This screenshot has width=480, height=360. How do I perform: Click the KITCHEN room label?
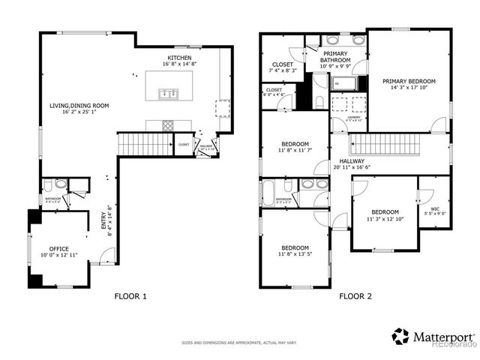(178, 58)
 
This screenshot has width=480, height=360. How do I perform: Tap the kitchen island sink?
(168, 94)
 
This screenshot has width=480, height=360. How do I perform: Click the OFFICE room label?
(58, 248)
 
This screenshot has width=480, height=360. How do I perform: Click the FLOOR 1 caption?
(130, 296)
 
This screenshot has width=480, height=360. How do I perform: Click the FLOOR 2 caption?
(355, 296)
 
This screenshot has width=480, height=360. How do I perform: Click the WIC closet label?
(435, 210)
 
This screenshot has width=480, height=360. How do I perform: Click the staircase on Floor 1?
(144, 142)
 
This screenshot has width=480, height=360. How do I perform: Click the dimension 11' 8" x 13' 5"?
(295, 255)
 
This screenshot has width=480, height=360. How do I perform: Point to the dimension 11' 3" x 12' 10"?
(385, 219)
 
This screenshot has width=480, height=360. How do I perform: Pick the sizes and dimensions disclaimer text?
(239, 343)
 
